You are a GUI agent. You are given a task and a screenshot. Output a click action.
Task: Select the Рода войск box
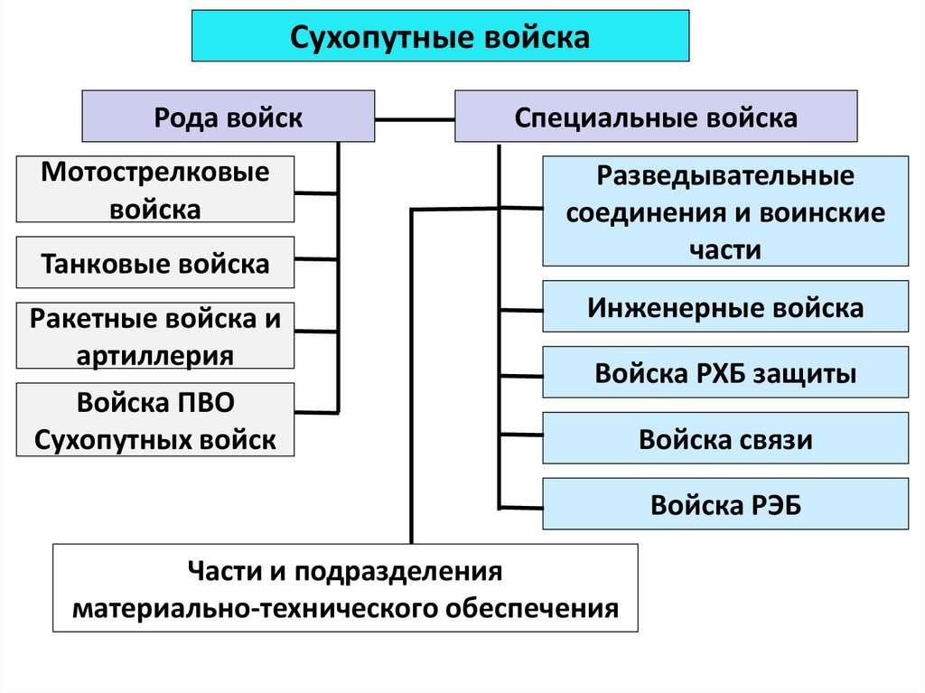(x=228, y=117)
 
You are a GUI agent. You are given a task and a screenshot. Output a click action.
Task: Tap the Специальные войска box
(x=656, y=117)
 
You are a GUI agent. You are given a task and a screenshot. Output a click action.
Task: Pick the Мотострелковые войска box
(x=154, y=190)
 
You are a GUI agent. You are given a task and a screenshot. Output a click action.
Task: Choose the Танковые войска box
(x=154, y=263)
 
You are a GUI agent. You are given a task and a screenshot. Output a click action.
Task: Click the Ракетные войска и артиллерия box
(x=154, y=335)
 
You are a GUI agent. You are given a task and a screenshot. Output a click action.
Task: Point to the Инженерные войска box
(x=725, y=308)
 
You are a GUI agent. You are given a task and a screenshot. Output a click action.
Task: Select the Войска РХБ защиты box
(x=725, y=372)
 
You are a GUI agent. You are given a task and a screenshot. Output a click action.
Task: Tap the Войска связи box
(x=725, y=439)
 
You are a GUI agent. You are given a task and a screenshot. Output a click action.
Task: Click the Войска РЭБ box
(x=725, y=504)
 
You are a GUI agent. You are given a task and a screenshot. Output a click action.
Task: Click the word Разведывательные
(x=725, y=176)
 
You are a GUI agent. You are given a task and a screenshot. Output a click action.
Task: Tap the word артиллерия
(x=154, y=355)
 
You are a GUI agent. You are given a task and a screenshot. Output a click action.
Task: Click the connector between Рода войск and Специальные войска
(x=415, y=117)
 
